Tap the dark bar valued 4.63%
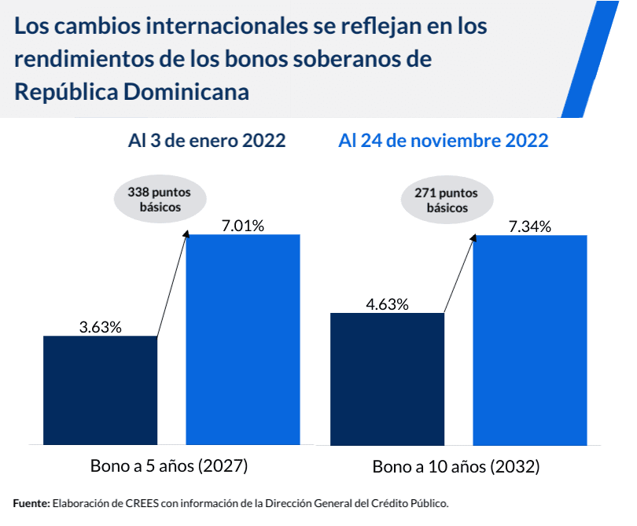coord(388,379)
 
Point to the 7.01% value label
coord(243,226)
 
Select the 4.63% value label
coord(388,303)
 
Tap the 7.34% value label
coord(530,226)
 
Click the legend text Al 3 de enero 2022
coord(207,142)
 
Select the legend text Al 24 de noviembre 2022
coord(443,142)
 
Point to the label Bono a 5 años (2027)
coord(169,465)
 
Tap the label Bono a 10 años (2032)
coord(456,467)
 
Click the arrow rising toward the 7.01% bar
coord(172,284)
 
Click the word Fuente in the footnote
coord(31,502)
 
